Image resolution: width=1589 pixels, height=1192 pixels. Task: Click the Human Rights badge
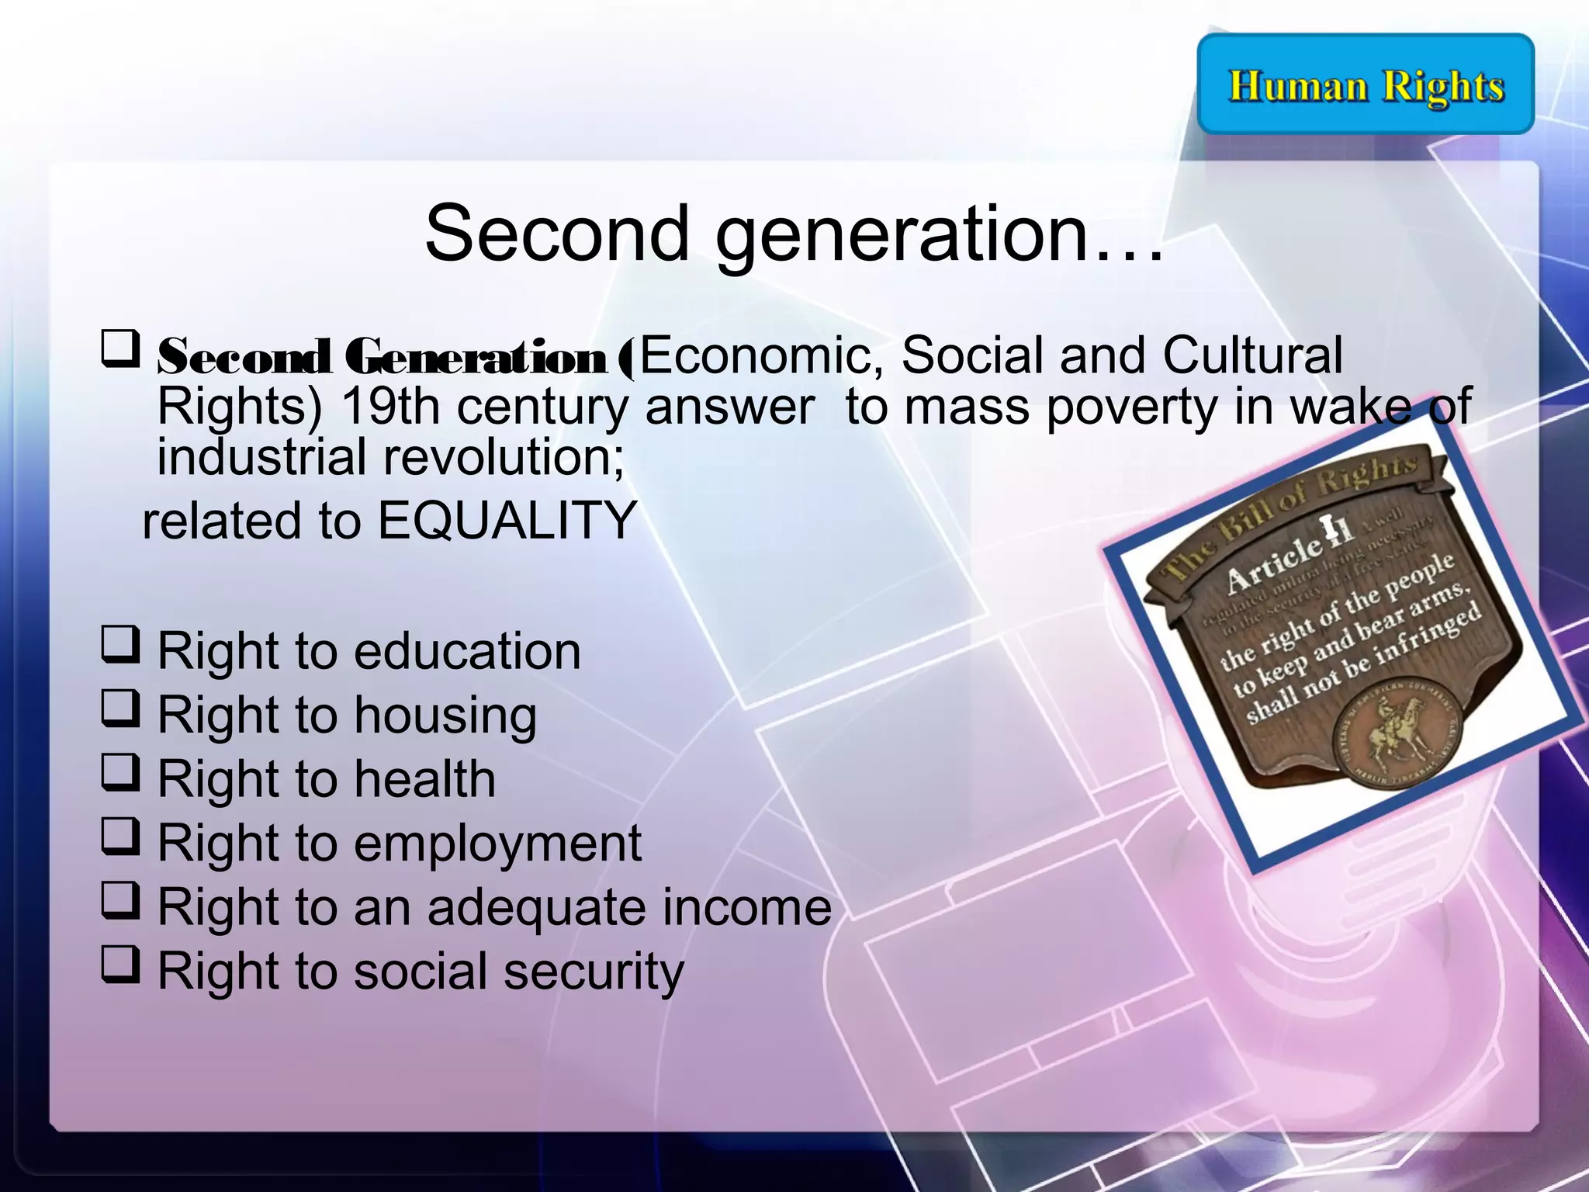pyautogui.click(x=1366, y=84)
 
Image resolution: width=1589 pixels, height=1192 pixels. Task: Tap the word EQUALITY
pyautogui.click(x=507, y=520)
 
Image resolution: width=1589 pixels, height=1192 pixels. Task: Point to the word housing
pyautogui.click(x=445, y=715)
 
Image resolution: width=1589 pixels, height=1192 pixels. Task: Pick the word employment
pyautogui.click(x=497, y=844)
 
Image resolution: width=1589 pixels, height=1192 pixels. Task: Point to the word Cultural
pyautogui.click(x=1252, y=355)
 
